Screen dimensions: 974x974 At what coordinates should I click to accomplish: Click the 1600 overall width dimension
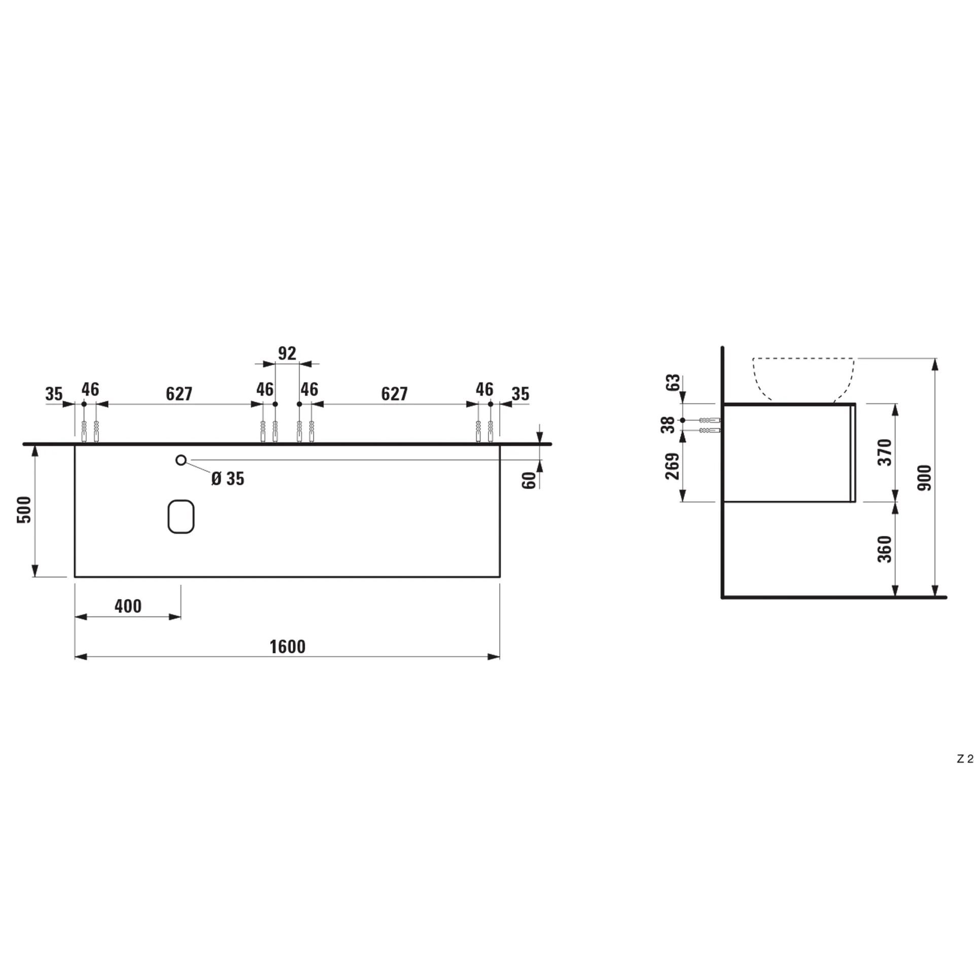pos(287,647)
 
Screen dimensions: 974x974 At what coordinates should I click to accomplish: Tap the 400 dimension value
pos(128,606)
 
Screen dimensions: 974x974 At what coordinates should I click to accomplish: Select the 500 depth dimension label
pos(24,509)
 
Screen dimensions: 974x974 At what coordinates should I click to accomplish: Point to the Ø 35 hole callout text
pos(228,478)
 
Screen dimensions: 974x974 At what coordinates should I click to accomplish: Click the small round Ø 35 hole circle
pos(181,460)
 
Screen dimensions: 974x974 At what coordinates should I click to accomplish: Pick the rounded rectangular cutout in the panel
pos(181,516)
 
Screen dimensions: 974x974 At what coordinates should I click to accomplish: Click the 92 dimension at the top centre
pos(287,353)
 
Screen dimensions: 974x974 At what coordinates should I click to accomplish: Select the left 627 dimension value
pos(179,394)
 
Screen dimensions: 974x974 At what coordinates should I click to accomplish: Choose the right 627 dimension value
pos(394,394)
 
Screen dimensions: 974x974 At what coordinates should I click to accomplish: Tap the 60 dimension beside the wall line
pos(529,480)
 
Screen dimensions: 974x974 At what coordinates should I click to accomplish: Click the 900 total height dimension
pos(925,477)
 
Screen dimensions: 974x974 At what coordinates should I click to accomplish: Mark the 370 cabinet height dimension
pos(885,452)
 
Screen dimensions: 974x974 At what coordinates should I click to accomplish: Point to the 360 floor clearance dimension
pos(885,549)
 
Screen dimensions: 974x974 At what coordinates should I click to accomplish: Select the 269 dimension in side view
pos(672,466)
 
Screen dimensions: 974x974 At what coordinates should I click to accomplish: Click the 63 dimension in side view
pos(672,382)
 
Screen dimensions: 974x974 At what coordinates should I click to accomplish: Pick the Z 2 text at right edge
pos(965,773)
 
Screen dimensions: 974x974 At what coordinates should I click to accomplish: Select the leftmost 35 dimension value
pos(54,394)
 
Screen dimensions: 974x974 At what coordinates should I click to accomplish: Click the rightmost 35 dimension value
pos(520,394)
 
